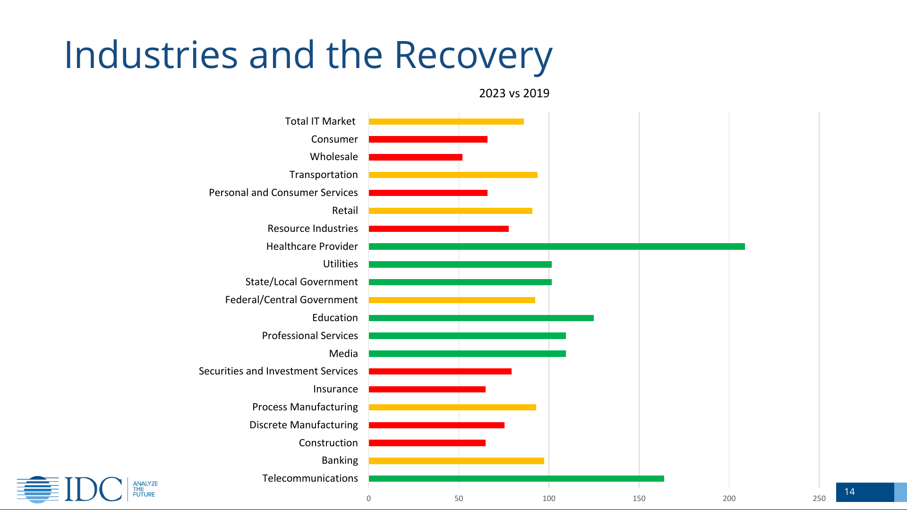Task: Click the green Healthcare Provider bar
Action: tap(556, 246)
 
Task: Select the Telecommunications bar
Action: tap(516, 478)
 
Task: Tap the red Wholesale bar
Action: tap(416, 157)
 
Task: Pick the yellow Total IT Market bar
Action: tap(446, 121)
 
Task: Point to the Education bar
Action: tap(481, 318)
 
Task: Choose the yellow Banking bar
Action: tap(456, 461)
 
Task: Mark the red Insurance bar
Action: tap(427, 389)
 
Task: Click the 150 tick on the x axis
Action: tap(639, 498)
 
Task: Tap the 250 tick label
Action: tap(819, 498)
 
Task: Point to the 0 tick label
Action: tap(369, 498)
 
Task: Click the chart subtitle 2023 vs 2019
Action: tap(514, 93)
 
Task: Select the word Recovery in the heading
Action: tap(473, 55)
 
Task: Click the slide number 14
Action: tap(849, 492)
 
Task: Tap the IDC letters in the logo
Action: tap(93, 489)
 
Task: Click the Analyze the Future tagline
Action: tap(145, 489)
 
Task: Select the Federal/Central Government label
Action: tap(291, 300)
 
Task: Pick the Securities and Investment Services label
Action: tap(278, 371)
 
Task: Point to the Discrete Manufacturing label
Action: tap(304, 425)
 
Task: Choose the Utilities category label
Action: tap(340, 264)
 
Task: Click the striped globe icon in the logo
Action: tap(38, 489)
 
